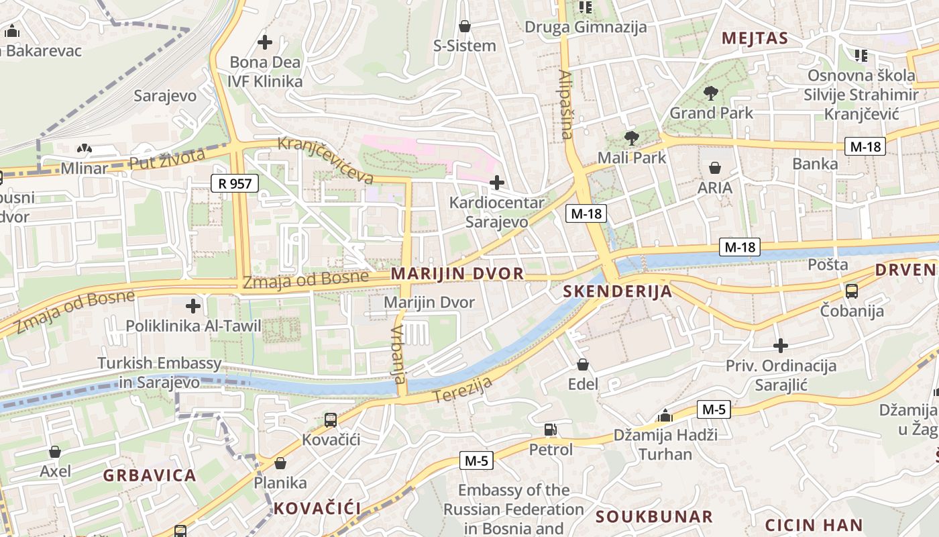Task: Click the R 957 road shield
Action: click(x=235, y=183)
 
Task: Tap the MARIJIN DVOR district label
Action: click(x=457, y=274)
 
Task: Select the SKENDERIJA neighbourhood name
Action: click(x=618, y=291)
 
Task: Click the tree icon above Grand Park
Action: click(x=711, y=93)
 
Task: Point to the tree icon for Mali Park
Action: click(x=631, y=138)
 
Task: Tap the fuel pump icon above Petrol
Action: click(x=551, y=429)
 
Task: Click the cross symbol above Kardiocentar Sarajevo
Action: click(x=497, y=182)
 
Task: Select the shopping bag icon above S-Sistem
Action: click(x=464, y=26)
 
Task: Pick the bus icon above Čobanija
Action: click(x=852, y=291)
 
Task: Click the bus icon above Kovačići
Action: click(x=331, y=420)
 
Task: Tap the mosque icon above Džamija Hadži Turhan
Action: click(x=665, y=416)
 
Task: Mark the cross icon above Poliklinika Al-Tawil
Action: click(x=193, y=307)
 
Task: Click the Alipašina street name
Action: click(x=566, y=105)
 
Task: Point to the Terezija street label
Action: click(x=462, y=390)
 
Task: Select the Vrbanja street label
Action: click(x=398, y=354)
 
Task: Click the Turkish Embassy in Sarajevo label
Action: click(x=160, y=373)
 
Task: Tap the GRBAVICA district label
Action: click(x=150, y=475)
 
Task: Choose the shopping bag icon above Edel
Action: click(x=583, y=364)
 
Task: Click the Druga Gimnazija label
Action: click(x=586, y=27)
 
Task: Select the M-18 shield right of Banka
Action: click(x=865, y=146)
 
